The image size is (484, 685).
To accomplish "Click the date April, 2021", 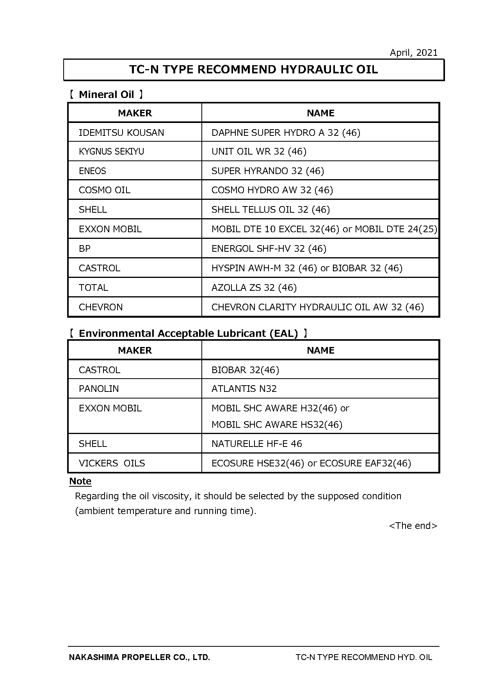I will [x=413, y=53].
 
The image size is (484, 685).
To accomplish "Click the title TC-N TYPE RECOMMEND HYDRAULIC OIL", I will [x=253, y=70].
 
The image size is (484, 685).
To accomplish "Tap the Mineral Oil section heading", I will [x=106, y=94].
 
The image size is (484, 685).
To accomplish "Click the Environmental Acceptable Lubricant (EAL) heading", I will [x=188, y=333].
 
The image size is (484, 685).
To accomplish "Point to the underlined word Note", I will [x=80, y=481].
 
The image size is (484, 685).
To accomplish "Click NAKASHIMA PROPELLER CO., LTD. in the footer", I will [x=139, y=657].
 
